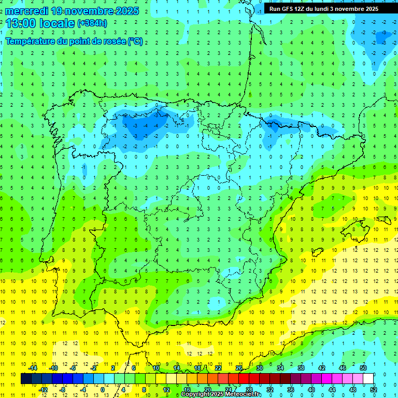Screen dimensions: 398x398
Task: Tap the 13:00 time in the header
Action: click(19, 23)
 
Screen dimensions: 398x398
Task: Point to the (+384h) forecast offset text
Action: click(92, 23)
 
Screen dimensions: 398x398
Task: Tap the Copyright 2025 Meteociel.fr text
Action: click(221, 394)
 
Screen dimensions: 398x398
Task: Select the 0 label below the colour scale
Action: click(103, 389)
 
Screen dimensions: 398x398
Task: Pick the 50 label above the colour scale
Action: click(363, 368)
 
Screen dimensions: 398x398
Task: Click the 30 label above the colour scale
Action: click(259, 368)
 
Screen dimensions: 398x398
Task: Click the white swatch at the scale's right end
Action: click(368, 379)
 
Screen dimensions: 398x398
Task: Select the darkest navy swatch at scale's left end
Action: click(26, 379)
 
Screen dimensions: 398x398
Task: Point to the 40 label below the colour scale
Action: click(311, 389)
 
